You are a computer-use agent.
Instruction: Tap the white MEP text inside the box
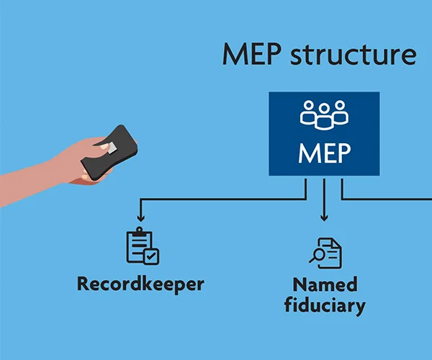(324, 153)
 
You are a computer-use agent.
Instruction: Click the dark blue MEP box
(324, 135)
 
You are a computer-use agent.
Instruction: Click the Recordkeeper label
(140, 284)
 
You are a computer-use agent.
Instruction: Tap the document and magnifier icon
(325, 252)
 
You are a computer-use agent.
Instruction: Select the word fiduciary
(325, 305)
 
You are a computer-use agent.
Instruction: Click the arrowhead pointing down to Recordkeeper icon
(140, 217)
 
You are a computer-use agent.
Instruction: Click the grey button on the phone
(105, 147)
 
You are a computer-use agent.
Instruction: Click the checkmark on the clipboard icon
(151, 256)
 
